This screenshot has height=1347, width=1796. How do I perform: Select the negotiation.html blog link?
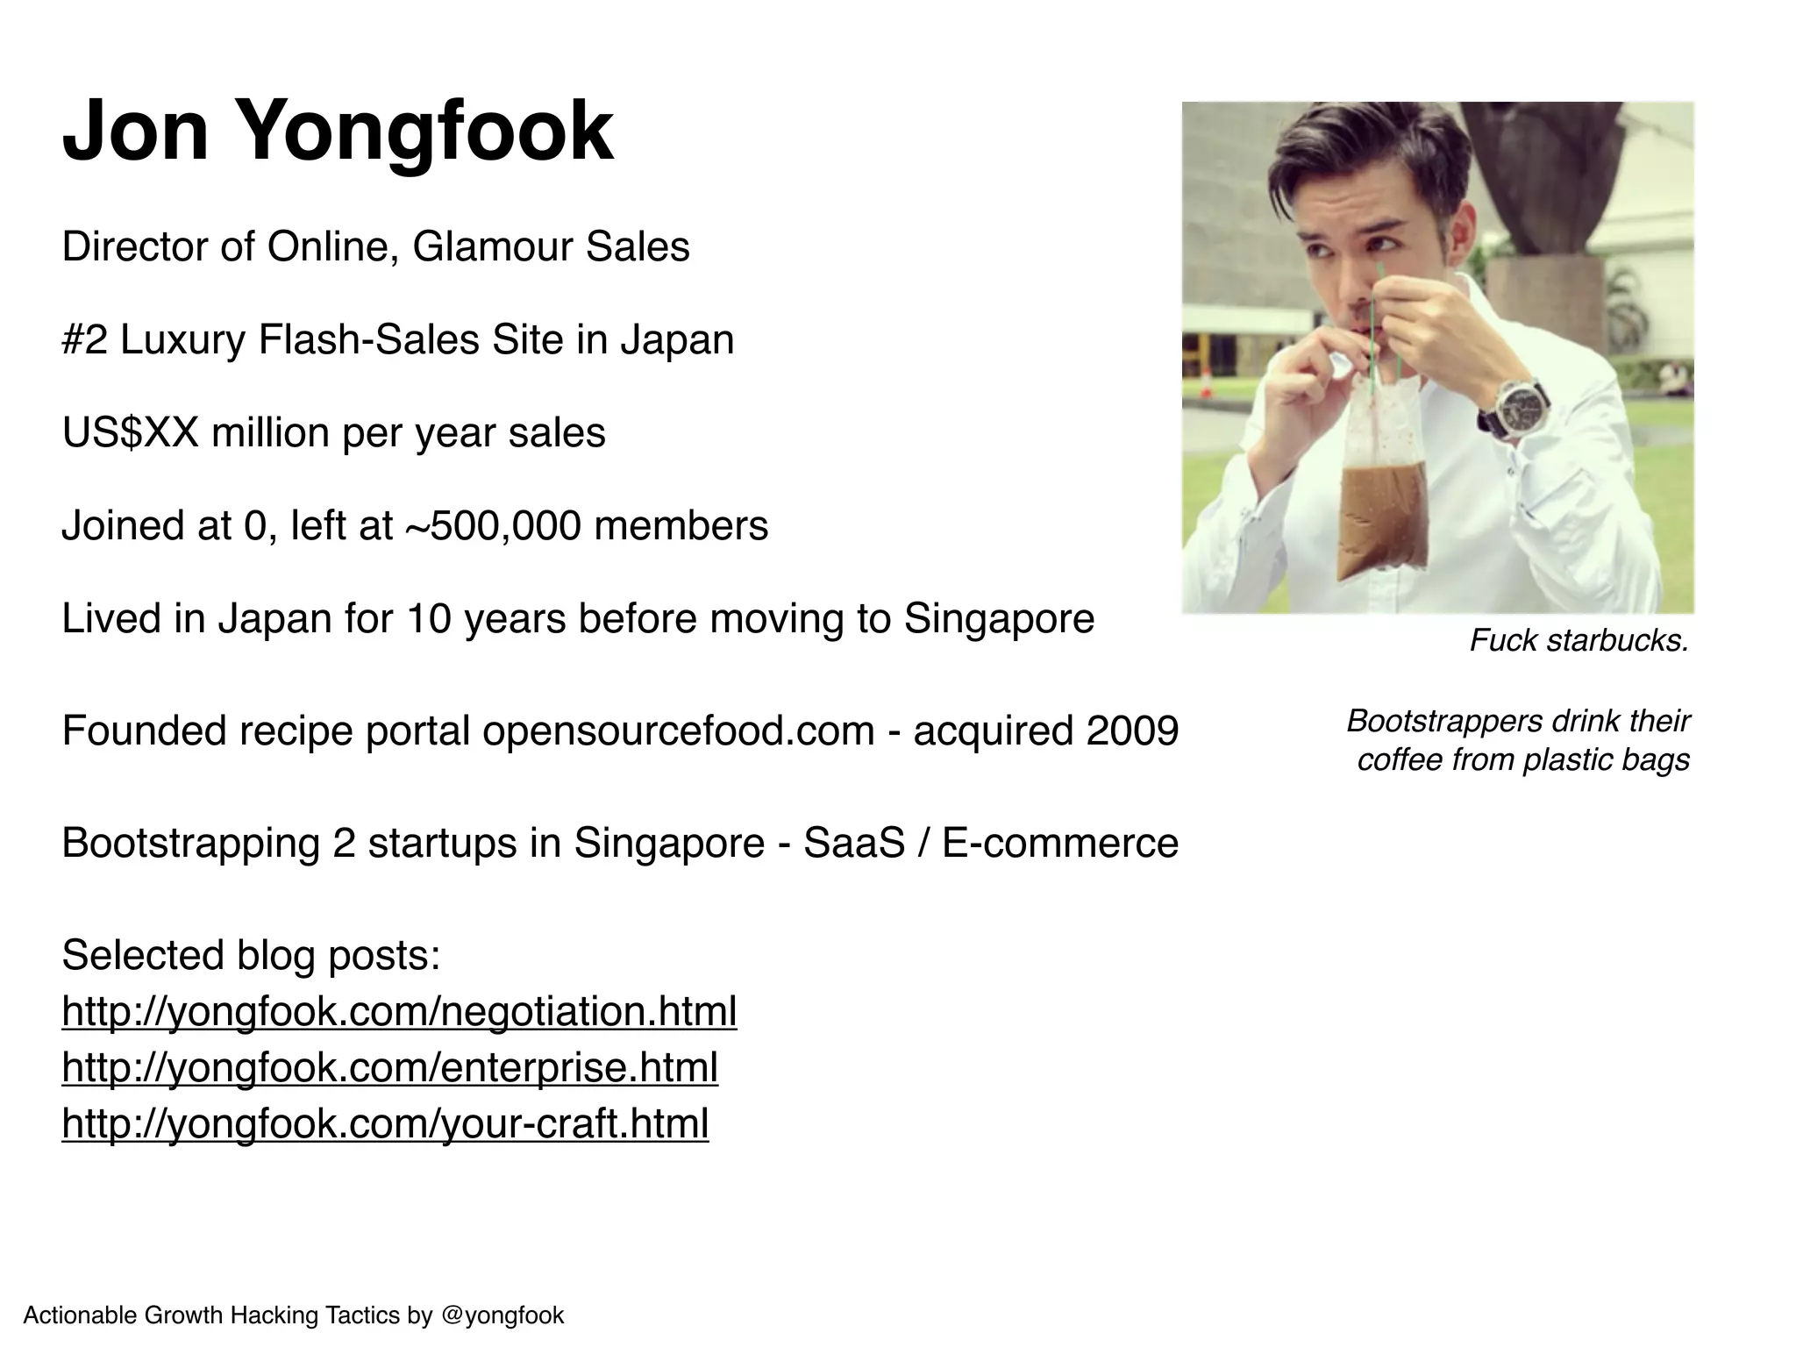399,1012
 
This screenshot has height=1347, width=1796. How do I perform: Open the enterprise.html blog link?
389,1068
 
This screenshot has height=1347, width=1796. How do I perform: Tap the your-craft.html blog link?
385,1124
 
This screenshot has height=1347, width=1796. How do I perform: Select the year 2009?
1132,731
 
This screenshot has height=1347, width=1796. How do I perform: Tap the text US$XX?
131,433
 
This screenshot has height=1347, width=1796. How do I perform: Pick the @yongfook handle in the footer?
502,1315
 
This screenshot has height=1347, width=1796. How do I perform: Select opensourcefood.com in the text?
678,731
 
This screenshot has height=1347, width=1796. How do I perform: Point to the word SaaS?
853,844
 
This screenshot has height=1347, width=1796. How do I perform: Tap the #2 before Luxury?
84,340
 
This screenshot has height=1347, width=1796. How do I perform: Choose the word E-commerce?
1059,844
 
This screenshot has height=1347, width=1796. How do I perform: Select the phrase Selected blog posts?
251,955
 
